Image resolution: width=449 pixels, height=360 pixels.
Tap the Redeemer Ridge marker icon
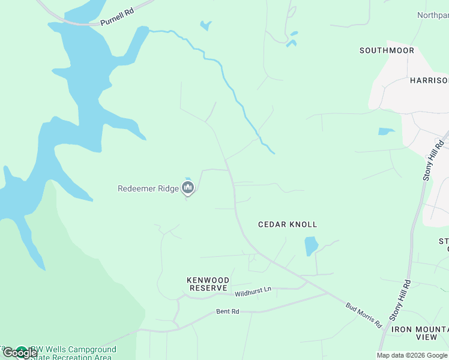pos(188,190)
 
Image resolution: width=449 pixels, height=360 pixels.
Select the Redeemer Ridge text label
pos(148,188)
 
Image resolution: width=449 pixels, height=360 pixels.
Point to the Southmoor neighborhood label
pos(387,50)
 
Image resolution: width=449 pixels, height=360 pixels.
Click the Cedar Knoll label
pos(288,224)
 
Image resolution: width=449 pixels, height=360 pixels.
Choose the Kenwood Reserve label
pos(208,284)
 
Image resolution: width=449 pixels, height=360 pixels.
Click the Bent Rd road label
pos(228,311)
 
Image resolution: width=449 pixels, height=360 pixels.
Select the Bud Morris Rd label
pos(364,315)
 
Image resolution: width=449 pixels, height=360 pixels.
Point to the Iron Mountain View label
pos(420,334)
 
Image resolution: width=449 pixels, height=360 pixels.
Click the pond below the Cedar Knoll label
pos(311,245)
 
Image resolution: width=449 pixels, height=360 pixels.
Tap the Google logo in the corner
pos(20,353)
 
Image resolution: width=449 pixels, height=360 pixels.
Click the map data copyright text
pos(412,355)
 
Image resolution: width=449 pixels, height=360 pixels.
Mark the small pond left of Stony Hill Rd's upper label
pos(387,131)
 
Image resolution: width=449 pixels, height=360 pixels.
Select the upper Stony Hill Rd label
pos(433,160)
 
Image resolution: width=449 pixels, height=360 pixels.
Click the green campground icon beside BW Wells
pos(22,350)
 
